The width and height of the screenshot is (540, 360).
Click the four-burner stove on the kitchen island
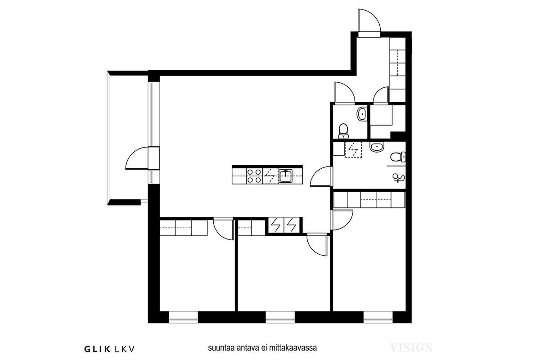coord(254,176)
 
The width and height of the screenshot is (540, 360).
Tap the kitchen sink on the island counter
coord(285,176)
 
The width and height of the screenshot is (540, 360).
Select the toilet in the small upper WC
coord(343,131)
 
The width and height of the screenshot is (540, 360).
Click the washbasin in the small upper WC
coord(362,113)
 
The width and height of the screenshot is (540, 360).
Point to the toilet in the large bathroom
coord(398,157)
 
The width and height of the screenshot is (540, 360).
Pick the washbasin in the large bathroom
coord(377,147)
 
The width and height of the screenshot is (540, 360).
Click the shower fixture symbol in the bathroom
coord(399,178)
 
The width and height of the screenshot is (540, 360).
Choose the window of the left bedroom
coord(184,317)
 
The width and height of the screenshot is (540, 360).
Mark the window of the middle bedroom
coord(280,317)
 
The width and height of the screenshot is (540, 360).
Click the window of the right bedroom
coord(378,317)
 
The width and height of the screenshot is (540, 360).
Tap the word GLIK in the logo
coord(97,349)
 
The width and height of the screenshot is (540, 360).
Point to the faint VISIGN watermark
coord(411,348)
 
